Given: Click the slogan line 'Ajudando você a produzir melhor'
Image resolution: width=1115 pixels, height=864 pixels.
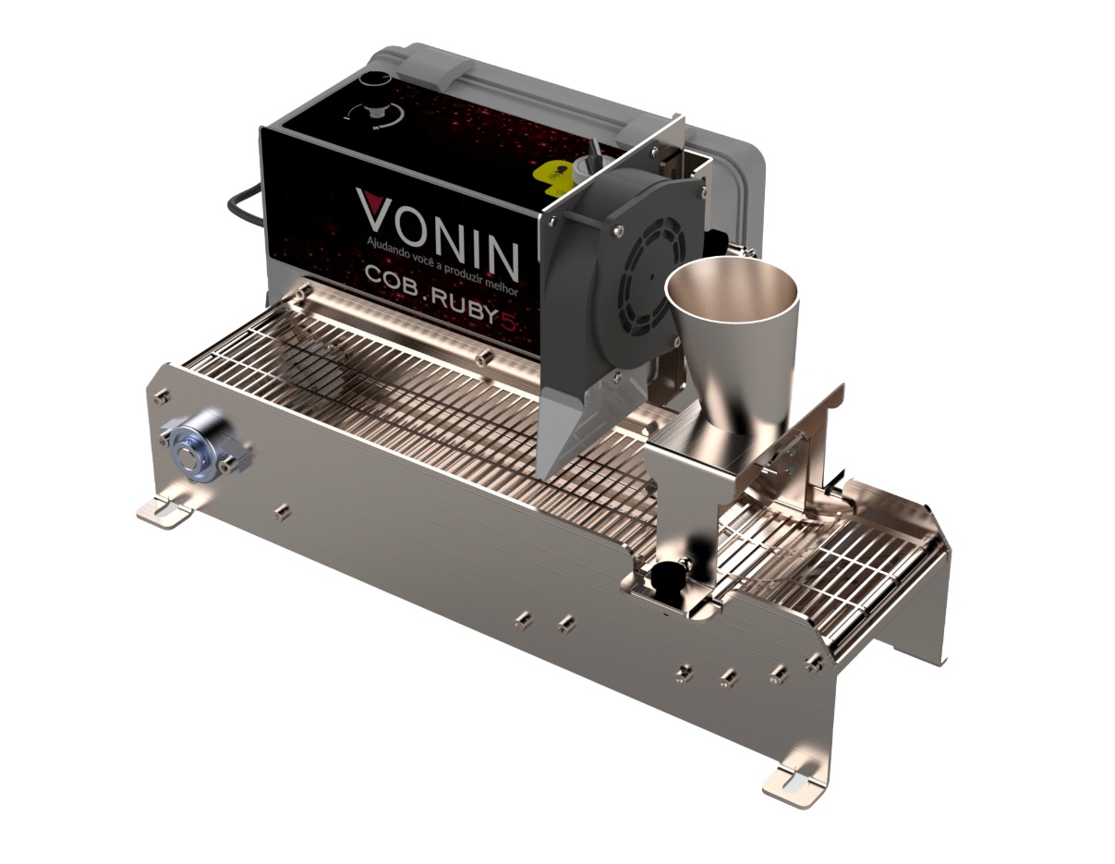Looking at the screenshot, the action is pyautogui.click(x=442, y=266).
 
